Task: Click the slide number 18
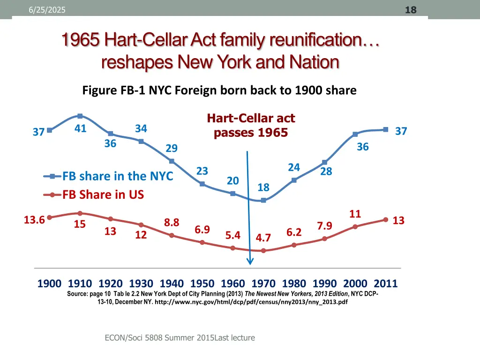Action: (x=411, y=10)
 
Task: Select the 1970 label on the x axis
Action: (x=263, y=284)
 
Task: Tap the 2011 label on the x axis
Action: (x=385, y=284)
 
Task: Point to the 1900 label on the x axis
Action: (x=49, y=284)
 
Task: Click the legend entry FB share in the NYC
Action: (x=118, y=176)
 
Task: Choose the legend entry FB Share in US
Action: (x=103, y=195)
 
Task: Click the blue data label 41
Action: (x=80, y=128)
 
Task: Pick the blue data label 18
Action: (x=263, y=187)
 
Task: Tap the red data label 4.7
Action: (x=263, y=238)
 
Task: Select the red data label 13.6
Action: (x=34, y=220)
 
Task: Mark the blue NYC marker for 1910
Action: (x=80, y=116)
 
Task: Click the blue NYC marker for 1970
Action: (x=263, y=200)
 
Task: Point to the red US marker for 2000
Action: (x=355, y=226)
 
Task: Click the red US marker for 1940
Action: (x=172, y=235)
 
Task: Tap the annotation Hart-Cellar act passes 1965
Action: (x=251, y=126)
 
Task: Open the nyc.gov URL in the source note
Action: (x=251, y=302)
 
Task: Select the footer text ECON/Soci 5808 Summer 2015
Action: (x=159, y=337)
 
